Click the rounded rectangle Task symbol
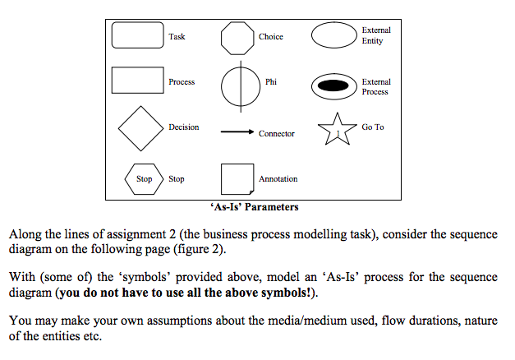pos(137,36)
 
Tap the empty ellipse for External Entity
pos(333,36)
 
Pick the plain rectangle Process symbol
pos(137,81)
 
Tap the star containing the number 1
pos(337,131)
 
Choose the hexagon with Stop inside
pos(144,178)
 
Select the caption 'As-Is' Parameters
pos(254,207)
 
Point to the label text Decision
pos(183,127)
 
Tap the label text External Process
pos(375,86)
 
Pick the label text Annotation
pos(278,178)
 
